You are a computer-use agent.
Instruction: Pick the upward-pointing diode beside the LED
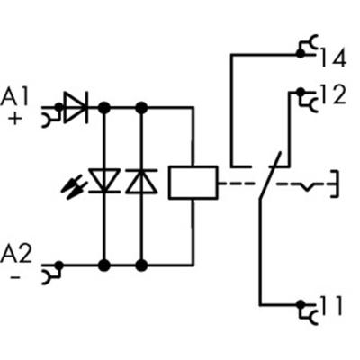click(x=140, y=183)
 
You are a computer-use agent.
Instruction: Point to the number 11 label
click(x=331, y=307)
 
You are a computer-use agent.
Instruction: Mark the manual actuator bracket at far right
click(x=335, y=182)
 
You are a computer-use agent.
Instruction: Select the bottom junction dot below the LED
click(x=104, y=265)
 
